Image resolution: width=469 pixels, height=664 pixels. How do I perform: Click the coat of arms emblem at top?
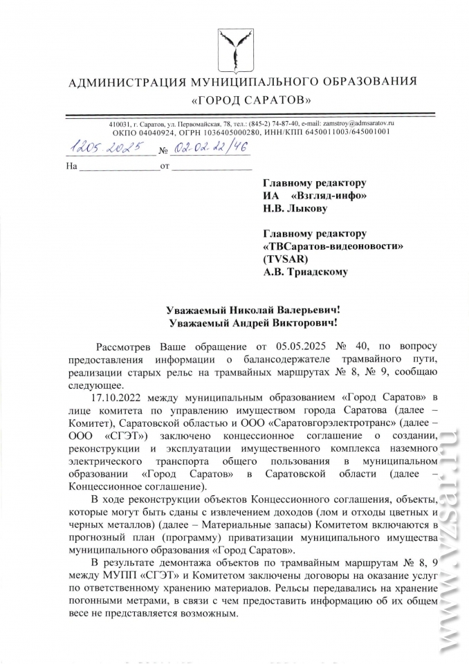(234, 46)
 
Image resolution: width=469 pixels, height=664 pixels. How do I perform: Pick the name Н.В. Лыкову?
(295, 207)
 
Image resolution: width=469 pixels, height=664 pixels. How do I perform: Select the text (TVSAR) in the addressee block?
(288, 259)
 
